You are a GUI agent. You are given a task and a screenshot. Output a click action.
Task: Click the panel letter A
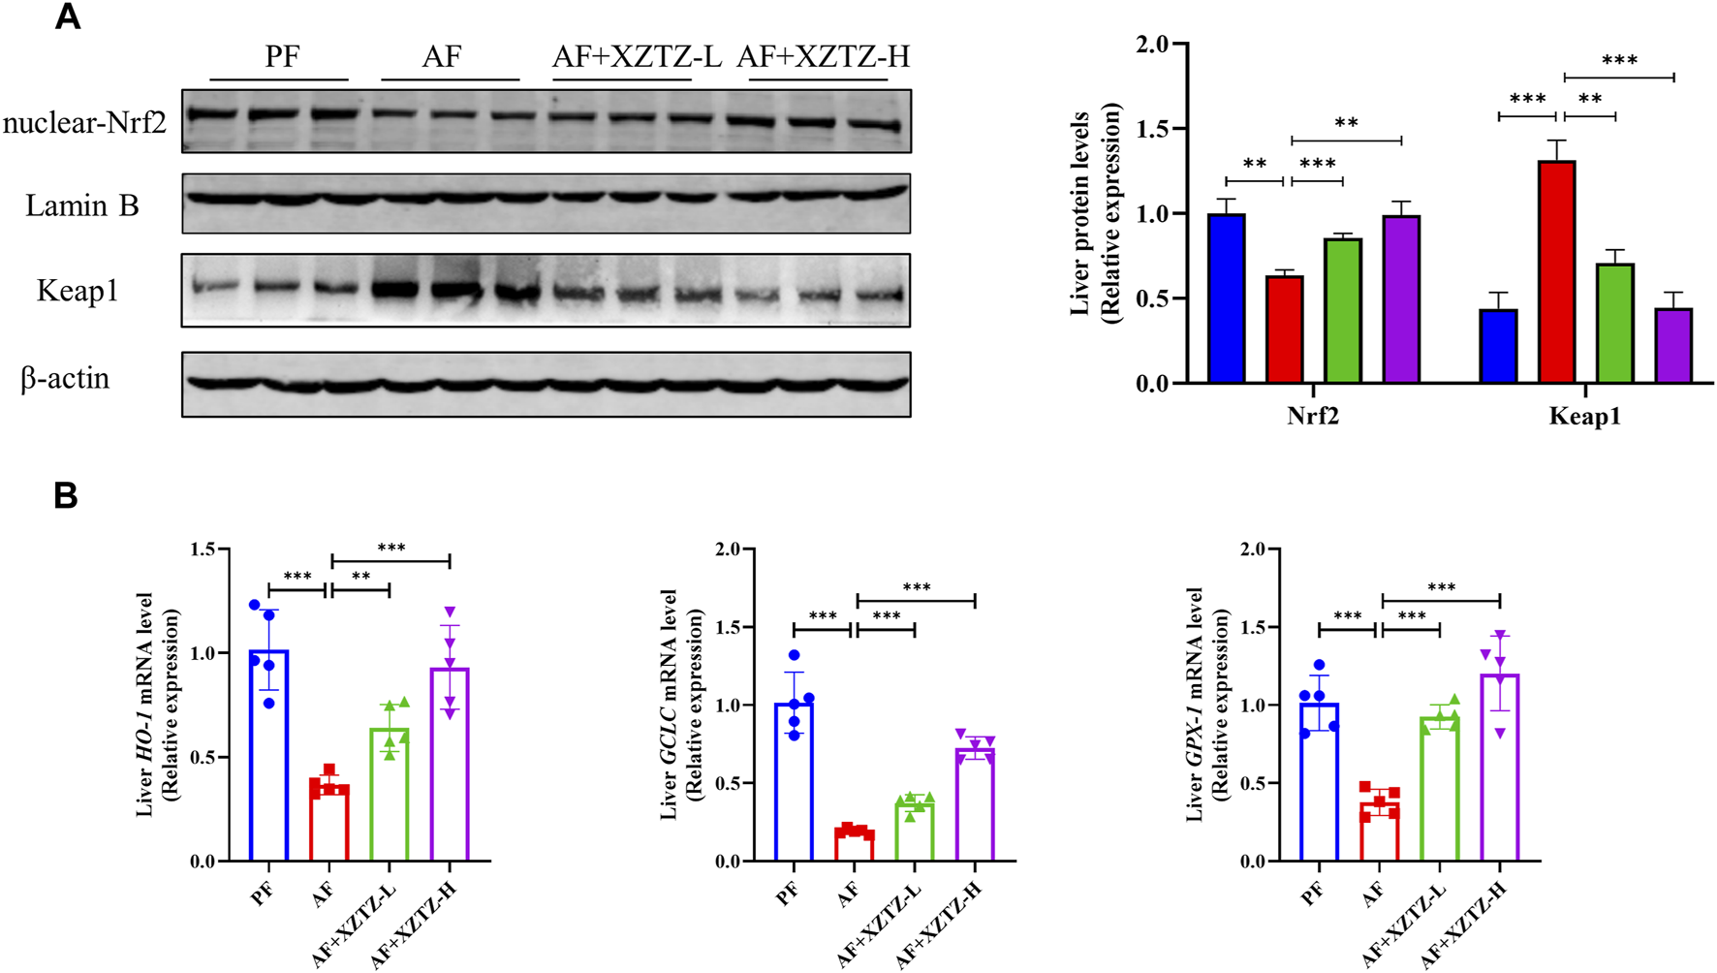click(68, 17)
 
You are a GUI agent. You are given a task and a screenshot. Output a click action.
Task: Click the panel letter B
click(66, 496)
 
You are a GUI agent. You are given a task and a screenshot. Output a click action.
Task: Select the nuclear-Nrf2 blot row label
click(85, 123)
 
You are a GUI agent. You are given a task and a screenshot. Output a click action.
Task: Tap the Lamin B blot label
click(82, 205)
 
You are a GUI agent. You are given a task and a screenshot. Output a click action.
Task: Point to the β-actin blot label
click(66, 379)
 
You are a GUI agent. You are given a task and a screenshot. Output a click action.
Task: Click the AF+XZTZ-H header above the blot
click(823, 57)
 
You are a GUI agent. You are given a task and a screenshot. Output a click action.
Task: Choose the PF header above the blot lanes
click(282, 57)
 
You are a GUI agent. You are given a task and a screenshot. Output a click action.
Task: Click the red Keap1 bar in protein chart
click(1556, 272)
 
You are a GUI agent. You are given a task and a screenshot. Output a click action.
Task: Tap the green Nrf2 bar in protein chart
click(1343, 311)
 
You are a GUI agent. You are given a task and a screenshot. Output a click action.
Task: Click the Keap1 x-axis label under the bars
click(1584, 417)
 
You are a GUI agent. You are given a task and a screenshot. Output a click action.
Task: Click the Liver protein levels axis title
click(1095, 213)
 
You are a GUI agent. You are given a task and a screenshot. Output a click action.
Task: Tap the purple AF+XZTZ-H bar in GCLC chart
click(975, 804)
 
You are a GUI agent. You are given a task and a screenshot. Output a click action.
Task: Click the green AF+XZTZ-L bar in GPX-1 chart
click(1440, 789)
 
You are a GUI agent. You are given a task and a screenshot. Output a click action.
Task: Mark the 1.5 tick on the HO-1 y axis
click(203, 549)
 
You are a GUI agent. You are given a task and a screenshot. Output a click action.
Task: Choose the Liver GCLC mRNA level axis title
click(679, 705)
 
